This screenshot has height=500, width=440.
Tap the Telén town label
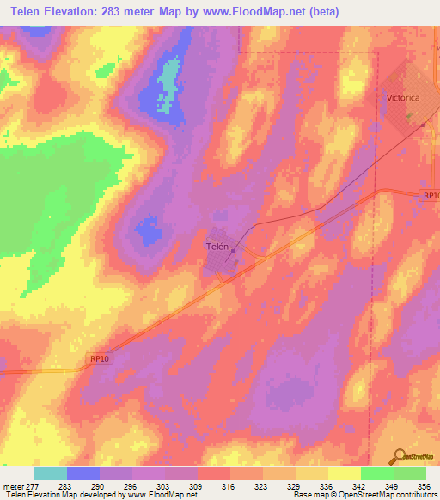(x=217, y=245)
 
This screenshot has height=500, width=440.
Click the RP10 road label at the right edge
(x=431, y=196)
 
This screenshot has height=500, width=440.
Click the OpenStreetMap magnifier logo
(x=400, y=456)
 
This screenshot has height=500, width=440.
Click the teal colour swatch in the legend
(x=51, y=473)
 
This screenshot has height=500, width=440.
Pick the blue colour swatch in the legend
(x=83, y=473)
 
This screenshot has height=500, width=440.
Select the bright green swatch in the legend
(x=377, y=473)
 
